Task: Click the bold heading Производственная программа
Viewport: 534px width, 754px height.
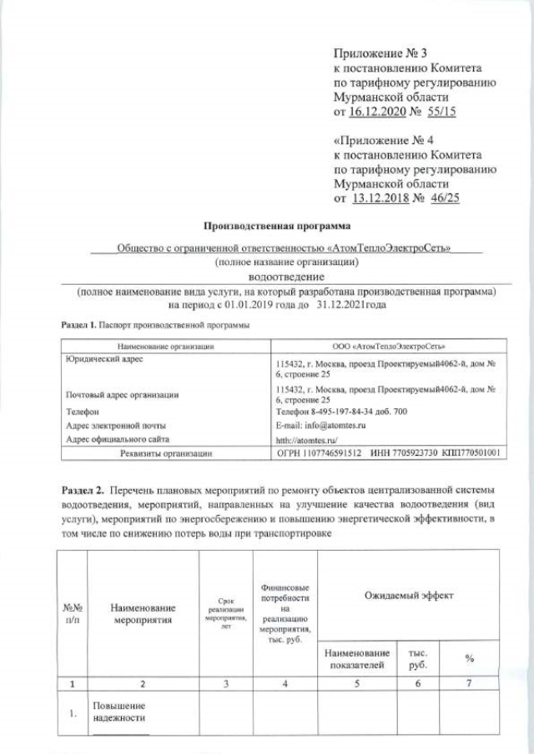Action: pyautogui.click(x=278, y=226)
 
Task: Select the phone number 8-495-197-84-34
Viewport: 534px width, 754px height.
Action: pyautogui.click(x=344, y=412)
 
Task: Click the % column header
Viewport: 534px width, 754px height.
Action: pyautogui.click(x=470, y=658)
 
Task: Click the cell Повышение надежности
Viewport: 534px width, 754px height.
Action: pyautogui.click(x=118, y=711)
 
